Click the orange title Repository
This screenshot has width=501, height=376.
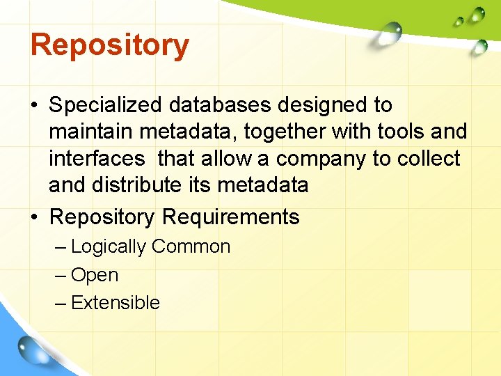point(110,45)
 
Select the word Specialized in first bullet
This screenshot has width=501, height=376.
point(104,105)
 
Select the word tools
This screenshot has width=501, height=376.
point(385,131)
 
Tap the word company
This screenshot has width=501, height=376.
point(321,159)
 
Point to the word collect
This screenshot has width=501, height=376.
point(429,158)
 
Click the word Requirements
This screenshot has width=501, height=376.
point(230,217)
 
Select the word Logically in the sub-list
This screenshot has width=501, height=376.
point(109,247)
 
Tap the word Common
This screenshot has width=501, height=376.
point(191,246)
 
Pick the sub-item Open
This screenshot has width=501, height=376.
point(95,276)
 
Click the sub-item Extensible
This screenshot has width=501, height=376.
point(116,303)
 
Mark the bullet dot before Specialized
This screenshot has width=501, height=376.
point(34,106)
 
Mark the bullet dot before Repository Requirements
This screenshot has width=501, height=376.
point(34,217)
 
